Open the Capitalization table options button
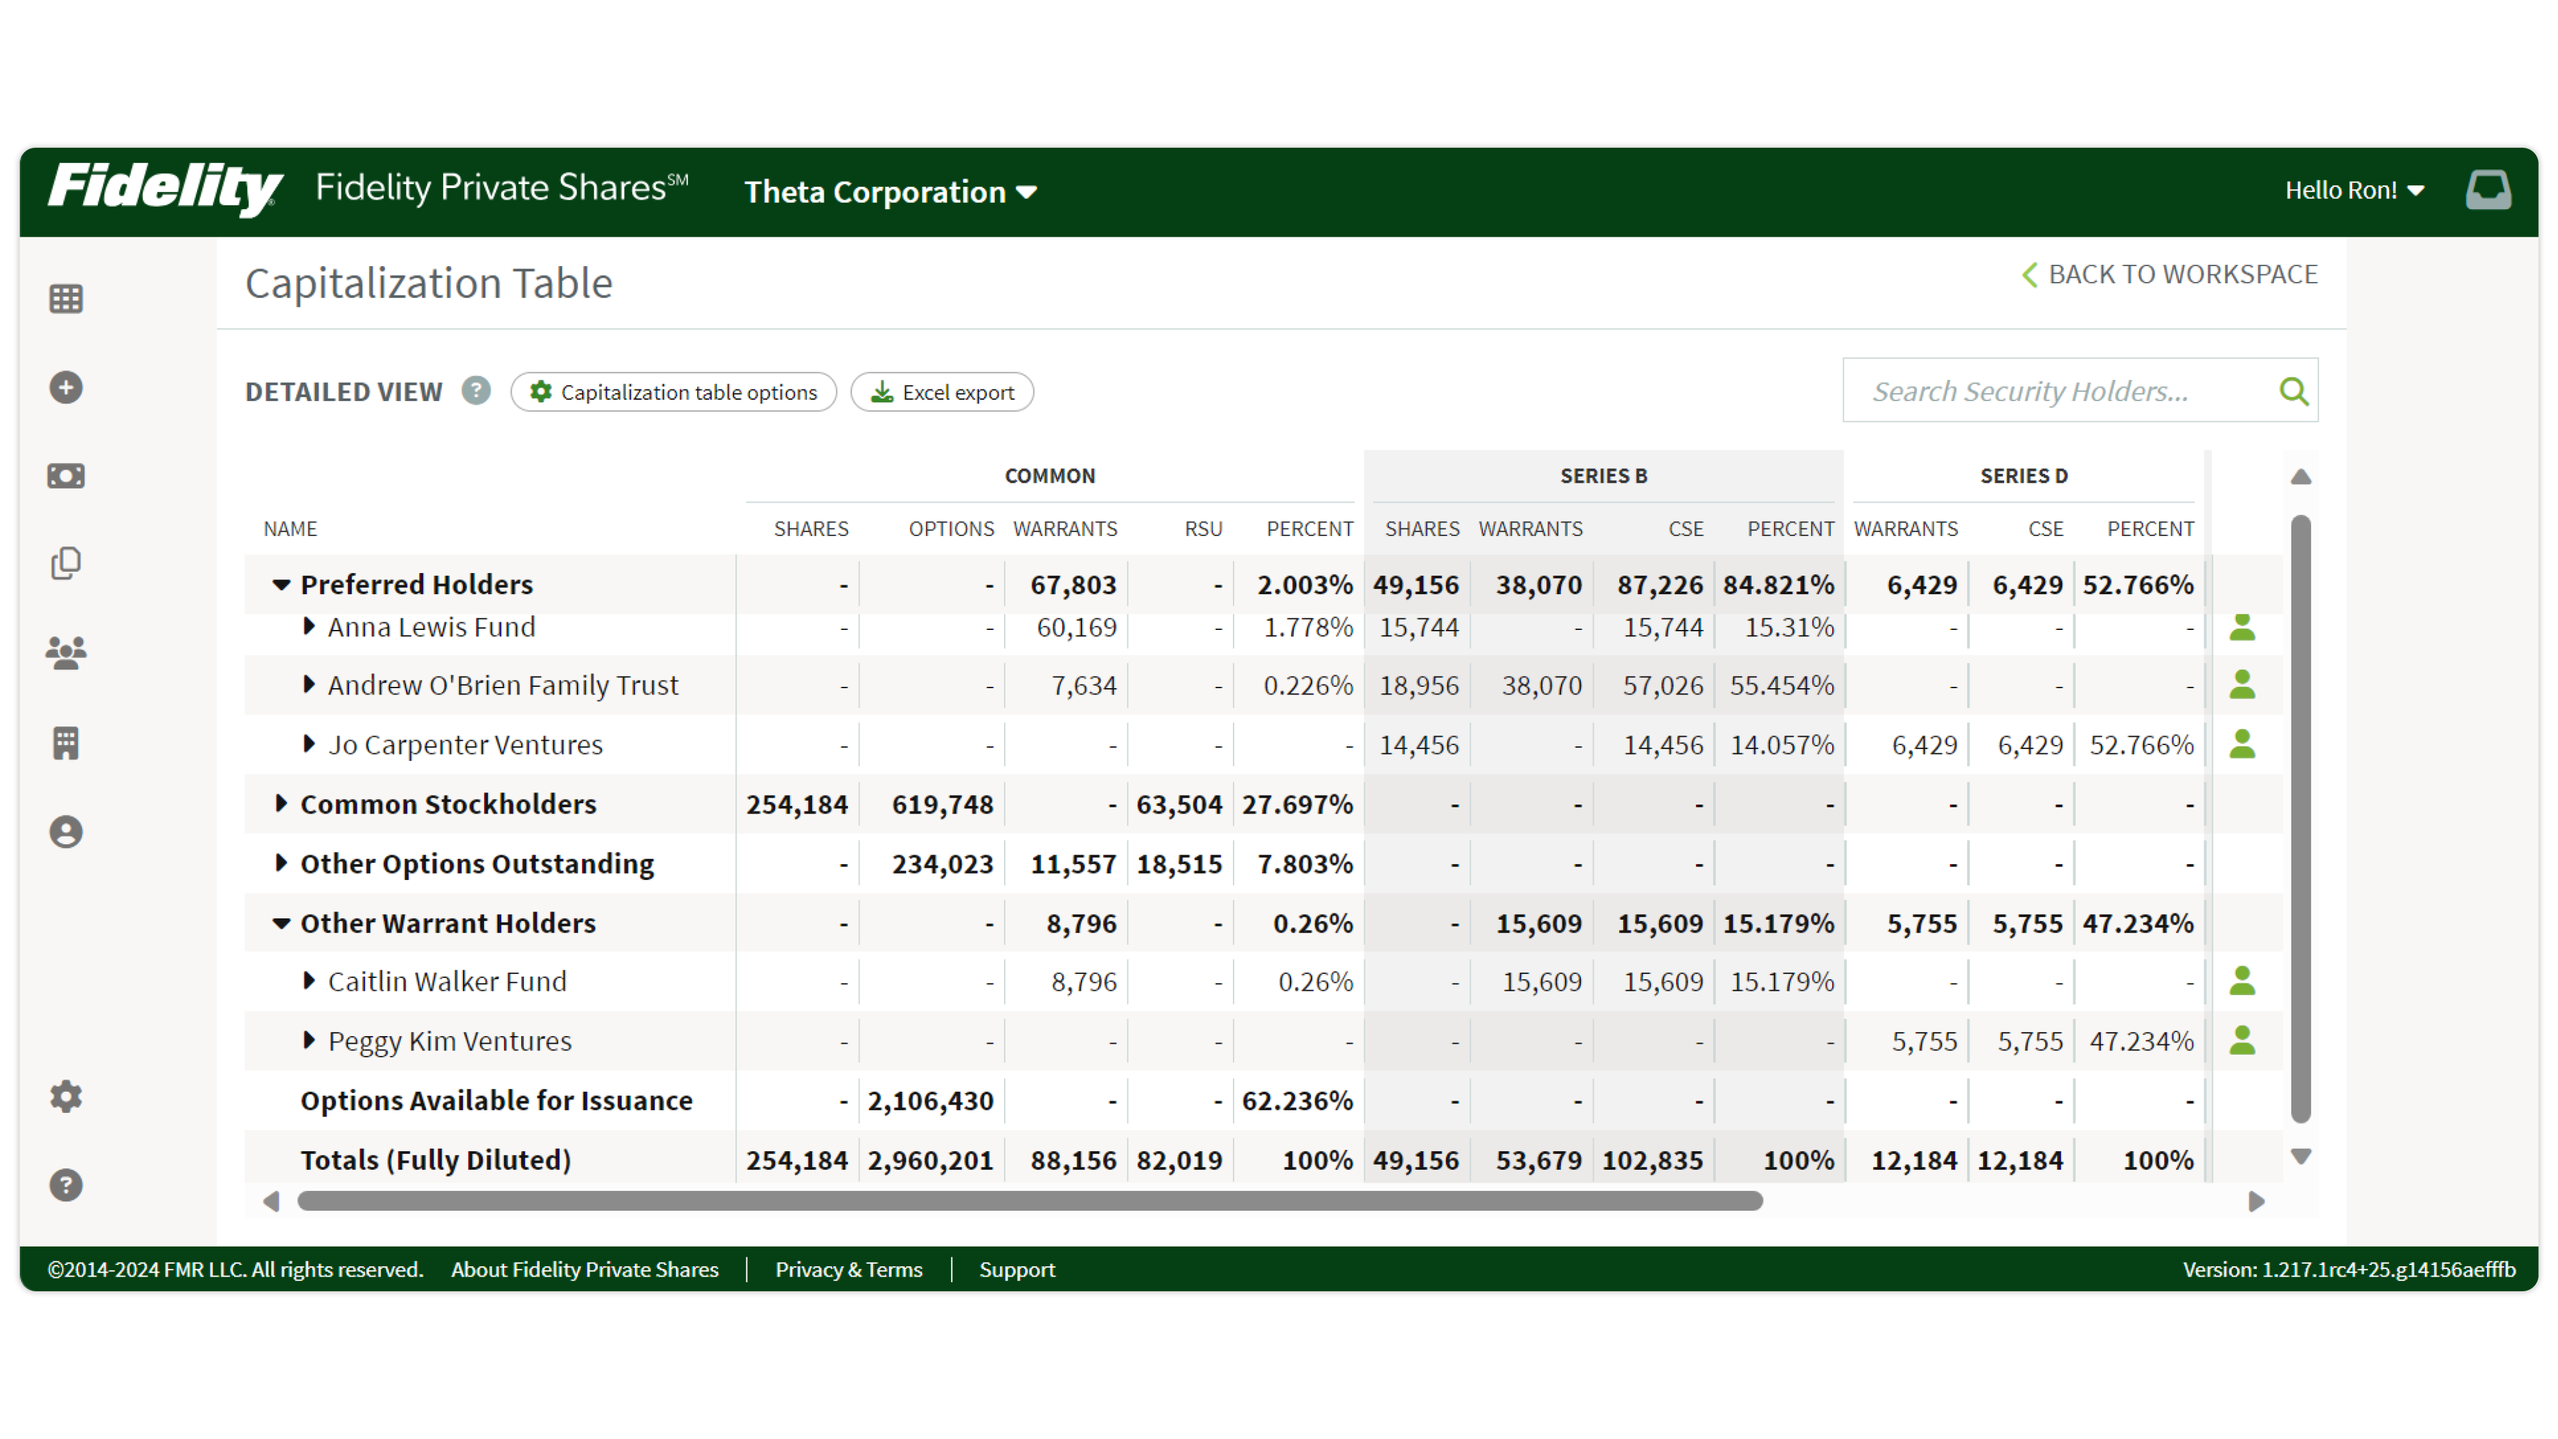[x=673, y=392]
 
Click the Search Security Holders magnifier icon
[x=2293, y=391]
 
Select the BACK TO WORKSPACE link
[x=2170, y=274]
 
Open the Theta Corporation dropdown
[x=890, y=192]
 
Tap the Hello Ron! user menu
[x=2353, y=190]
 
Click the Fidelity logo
[x=165, y=189]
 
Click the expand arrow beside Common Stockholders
[x=281, y=803]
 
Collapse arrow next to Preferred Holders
[x=281, y=585]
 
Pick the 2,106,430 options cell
[x=930, y=1100]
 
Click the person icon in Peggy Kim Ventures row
[x=2241, y=1040]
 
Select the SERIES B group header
[x=1603, y=476]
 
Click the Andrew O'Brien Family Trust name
[x=503, y=685]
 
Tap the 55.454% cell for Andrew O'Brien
[x=1782, y=685]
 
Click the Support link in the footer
[x=1017, y=1269]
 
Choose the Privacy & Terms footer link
[x=848, y=1269]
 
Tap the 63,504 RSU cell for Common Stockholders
[x=1179, y=805]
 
